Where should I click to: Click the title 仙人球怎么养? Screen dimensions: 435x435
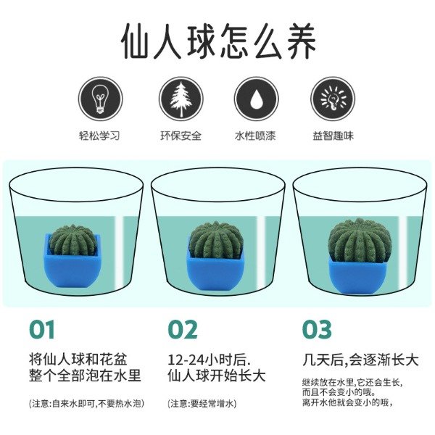coord(218,41)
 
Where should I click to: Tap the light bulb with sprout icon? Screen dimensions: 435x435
coord(101,99)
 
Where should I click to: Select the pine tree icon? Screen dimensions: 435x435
coord(181,99)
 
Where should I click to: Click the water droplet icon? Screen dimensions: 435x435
coord(256,99)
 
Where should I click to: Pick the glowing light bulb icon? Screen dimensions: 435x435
coord(333,99)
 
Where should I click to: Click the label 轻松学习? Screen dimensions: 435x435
coord(99,136)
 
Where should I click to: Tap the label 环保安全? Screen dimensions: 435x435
coord(181,136)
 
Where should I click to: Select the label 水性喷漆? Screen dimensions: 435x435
coord(255,136)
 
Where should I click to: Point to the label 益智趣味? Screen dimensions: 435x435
coord(333,136)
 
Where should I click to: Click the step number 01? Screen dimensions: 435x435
coord(41,329)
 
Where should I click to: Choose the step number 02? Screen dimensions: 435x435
coord(183,329)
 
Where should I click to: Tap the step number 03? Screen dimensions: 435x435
coord(317,329)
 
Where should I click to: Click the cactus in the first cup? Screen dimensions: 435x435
coord(72,240)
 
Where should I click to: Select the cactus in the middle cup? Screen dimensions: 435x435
coord(216,240)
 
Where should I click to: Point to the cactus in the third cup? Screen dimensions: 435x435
coord(360,241)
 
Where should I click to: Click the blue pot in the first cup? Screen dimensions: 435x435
coord(72,266)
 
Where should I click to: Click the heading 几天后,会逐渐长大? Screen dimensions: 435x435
coord(360,360)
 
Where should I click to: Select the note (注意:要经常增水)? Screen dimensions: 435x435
coord(202,403)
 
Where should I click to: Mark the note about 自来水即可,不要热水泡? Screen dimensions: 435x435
coord(86,403)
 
